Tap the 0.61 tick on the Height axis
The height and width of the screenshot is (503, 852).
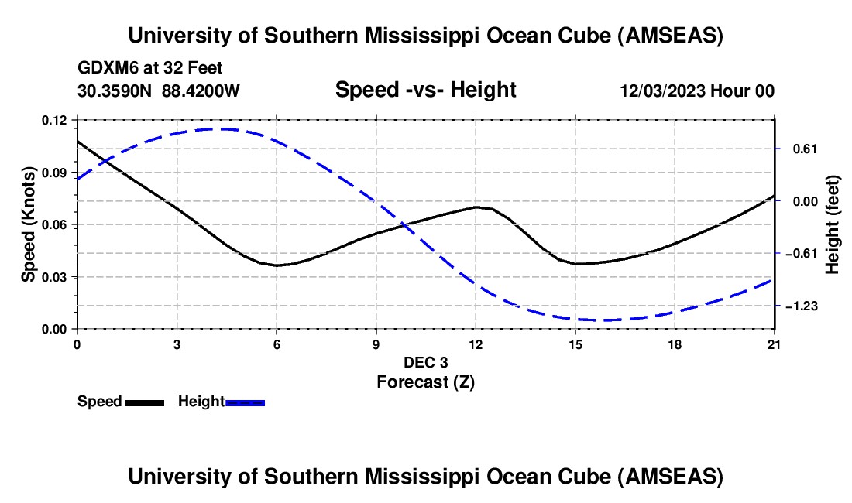click(x=797, y=149)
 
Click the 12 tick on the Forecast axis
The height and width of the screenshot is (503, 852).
click(x=476, y=344)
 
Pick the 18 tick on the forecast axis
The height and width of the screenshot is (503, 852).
click(x=675, y=344)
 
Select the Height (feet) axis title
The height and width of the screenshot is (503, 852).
click(x=833, y=224)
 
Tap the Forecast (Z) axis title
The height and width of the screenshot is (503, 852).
click(x=425, y=382)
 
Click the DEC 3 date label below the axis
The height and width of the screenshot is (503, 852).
click(x=425, y=362)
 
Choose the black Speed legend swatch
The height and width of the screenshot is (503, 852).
click(x=144, y=402)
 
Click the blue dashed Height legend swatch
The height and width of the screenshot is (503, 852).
click(x=246, y=402)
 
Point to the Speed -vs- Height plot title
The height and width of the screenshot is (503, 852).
click(x=425, y=90)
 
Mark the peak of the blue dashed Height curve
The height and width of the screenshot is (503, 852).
click(x=223, y=128)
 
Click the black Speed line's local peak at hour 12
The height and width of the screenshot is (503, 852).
click(x=476, y=207)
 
